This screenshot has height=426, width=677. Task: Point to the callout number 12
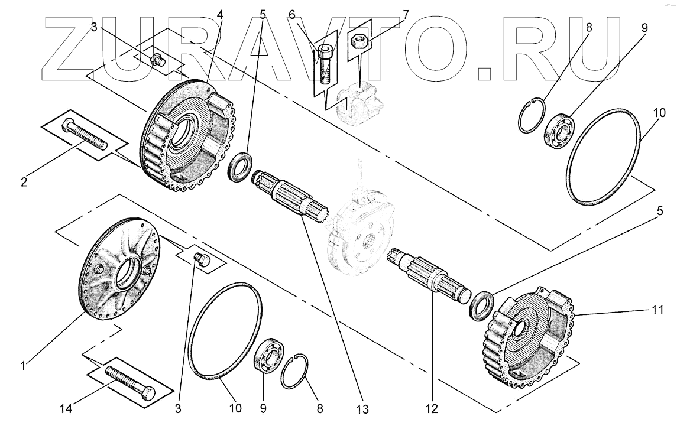point(433,408)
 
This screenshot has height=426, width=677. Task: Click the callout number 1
point(22,366)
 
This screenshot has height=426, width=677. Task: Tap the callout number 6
point(291,13)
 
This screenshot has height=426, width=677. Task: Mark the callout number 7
point(407,13)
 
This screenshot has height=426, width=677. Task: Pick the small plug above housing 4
point(158,59)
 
